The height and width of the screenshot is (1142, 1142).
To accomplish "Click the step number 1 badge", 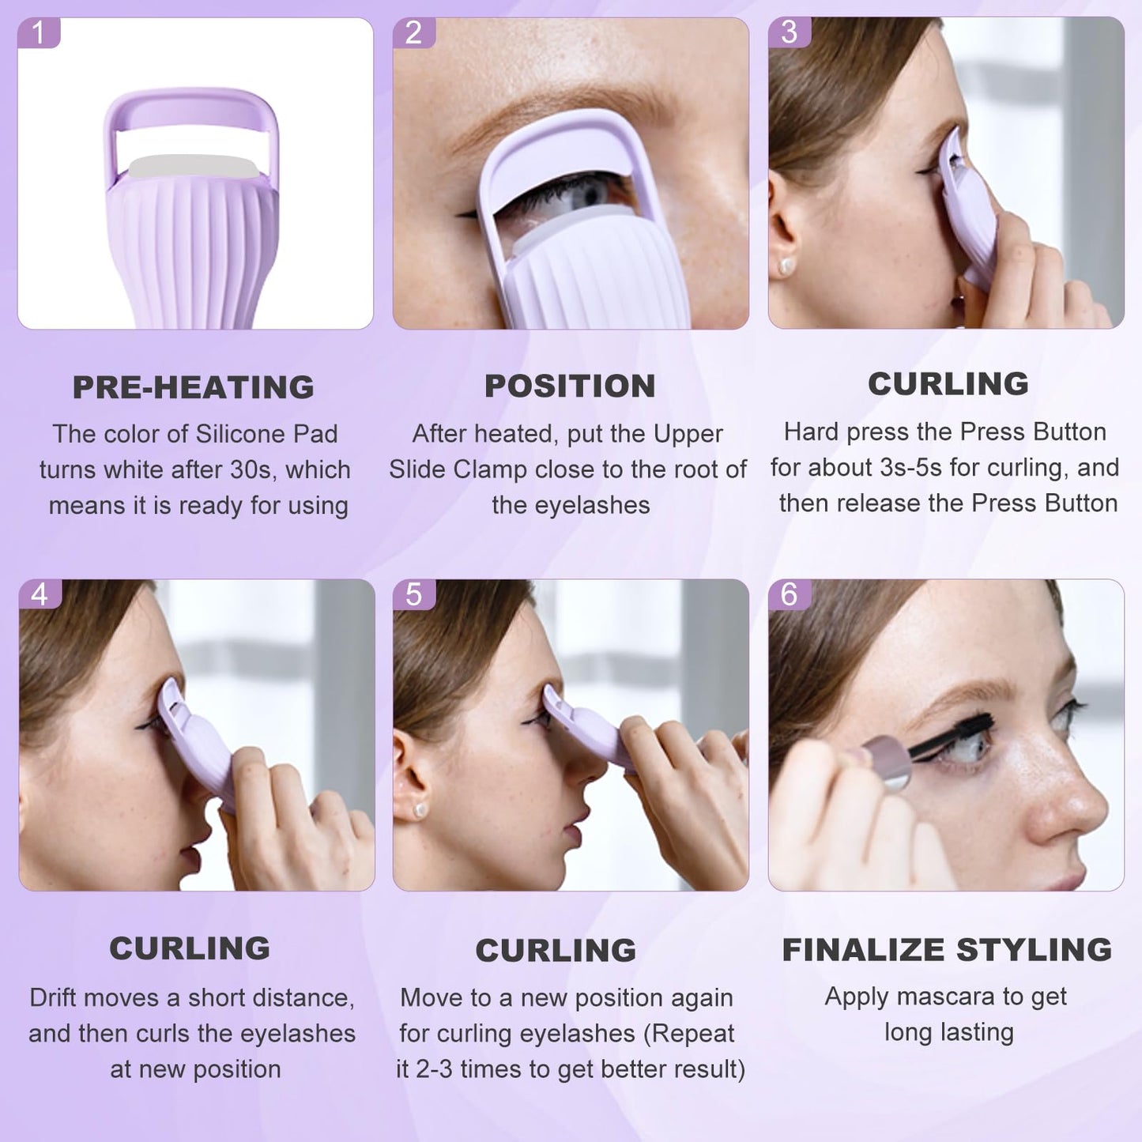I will coord(37,33).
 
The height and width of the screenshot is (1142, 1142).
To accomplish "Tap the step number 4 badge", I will coord(40,594).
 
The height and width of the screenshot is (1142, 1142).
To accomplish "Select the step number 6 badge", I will coord(789,594).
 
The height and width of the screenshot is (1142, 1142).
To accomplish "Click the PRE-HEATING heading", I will coord(194,387).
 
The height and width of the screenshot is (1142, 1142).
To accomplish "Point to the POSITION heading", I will coord(570,386).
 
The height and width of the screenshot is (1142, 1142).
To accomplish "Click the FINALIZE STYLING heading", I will coord(947,949).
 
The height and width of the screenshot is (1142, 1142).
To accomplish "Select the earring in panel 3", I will coord(786,266).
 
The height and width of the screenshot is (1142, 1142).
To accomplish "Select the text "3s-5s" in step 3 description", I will coord(910,468).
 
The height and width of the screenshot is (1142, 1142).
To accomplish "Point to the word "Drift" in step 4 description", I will coord(55,997).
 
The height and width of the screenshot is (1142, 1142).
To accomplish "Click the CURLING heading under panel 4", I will coord(190,948).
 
